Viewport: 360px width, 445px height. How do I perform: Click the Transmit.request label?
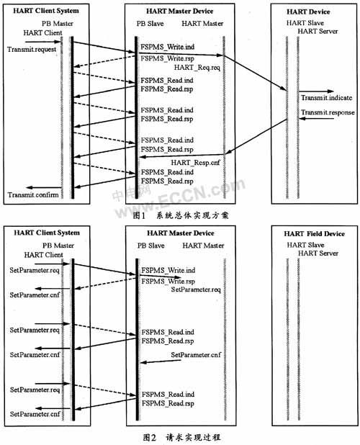[x=32, y=50]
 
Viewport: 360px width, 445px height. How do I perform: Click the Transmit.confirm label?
[x=33, y=194]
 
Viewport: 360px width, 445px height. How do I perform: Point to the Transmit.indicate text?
[x=327, y=98]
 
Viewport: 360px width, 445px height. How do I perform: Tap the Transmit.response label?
[x=328, y=112]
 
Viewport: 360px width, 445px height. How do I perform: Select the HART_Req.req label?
[x=197, y=67]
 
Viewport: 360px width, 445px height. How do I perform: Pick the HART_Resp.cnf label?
[x=195, y=163]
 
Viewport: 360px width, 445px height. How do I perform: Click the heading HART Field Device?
[x=315, y=234]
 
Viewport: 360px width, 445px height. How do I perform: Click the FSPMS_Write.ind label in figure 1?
[x=168, y=47]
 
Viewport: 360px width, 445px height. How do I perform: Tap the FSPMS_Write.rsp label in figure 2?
[x=168, y=282]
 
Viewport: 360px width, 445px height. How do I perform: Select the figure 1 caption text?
[x=181, y=215]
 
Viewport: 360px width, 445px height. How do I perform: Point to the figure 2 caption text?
[x=181, y=437]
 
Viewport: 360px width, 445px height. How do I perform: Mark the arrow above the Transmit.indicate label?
[x=316, y=91]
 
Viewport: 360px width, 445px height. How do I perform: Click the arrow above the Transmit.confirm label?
[x=44, y=188]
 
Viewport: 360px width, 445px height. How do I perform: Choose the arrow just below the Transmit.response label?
[x=317, y=118]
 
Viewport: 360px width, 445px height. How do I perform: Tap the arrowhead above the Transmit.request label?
[x=58, y=42]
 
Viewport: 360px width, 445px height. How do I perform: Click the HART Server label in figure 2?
[x=318, y=253]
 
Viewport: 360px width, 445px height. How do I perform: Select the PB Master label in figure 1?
[x=58, y=24]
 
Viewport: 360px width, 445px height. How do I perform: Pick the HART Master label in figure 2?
[x=203, y=246]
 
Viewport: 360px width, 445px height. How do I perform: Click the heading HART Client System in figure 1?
[x=46, y=11]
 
